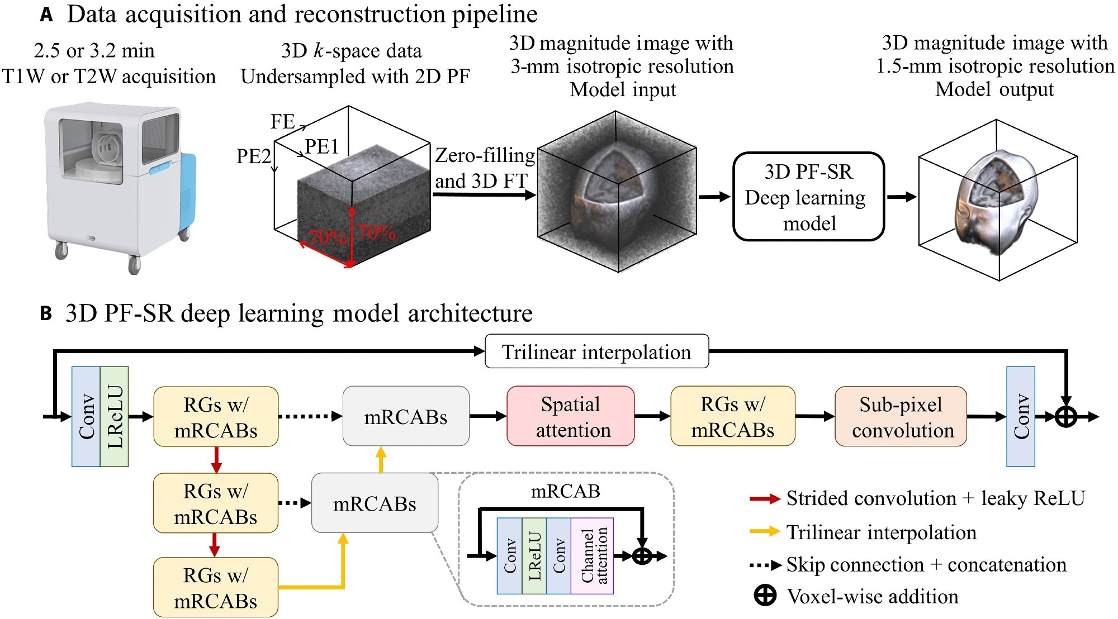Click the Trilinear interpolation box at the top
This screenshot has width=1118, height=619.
click(x=596, y=351)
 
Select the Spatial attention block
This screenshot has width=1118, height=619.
click(x=571, y=416)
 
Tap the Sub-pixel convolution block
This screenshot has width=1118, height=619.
click(x=901, y=416)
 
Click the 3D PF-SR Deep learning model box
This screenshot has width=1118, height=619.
click(x=808, y=197)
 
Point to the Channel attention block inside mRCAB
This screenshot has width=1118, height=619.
click(x=593, y=556)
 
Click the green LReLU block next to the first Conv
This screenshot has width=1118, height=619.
click(x=115, y=416)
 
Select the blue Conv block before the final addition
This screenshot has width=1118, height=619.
click(x=1020, y=416)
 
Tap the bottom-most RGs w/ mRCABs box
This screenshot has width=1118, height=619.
click(x=216, y=587)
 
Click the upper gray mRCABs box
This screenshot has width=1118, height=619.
click(x=406, y=416)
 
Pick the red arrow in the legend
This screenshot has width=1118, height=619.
click(x=765, y=499)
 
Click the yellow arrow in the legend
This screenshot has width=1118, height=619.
click(x=765, y=531)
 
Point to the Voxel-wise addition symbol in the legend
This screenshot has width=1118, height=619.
click(x=765, y=596)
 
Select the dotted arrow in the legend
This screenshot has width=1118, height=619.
click(x=765, y=565)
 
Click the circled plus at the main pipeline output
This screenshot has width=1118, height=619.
click(x=1065, y=417)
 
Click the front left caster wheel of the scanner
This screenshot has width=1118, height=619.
click(x=61, y=250)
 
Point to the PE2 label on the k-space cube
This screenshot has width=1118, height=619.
click(x=253, y=156)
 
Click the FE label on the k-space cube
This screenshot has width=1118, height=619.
click(x=282, y=121)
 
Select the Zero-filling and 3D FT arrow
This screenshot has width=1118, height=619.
click(x=484, y=194)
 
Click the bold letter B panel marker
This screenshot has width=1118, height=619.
click(x=46, y=313)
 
